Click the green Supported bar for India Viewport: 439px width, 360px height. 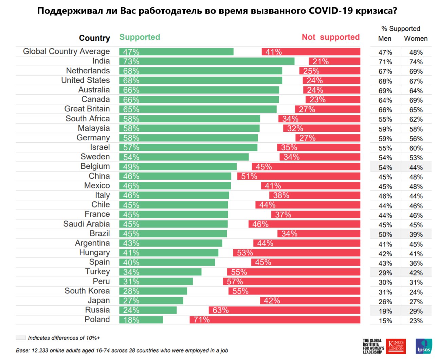[207, 61]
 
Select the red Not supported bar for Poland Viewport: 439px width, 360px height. [275, 320]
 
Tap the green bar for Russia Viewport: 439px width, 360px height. [148, 310]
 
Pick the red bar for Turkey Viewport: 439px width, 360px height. [293, 272]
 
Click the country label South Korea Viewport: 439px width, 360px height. [87, 291]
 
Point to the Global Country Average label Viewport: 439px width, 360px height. [66, 51]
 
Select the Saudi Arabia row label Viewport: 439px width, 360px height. [86, 224]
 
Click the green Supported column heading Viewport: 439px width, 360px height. [140, 37]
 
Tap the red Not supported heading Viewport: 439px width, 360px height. [330, 37]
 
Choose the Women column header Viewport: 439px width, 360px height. [416, 38]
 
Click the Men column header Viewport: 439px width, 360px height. [385, 38]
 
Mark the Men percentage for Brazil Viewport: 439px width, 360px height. [385, 235]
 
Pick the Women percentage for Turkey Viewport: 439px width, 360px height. [416, 273]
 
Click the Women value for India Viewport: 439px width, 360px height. [416, 62]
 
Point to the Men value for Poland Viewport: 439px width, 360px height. [385, 321]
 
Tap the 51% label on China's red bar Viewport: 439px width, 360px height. [249, 176]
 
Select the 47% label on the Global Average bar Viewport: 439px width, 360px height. [131, 52]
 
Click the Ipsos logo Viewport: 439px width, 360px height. [424, 346]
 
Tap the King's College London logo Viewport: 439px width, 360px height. [396, 346]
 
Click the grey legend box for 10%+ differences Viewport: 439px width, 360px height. [21, 338]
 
